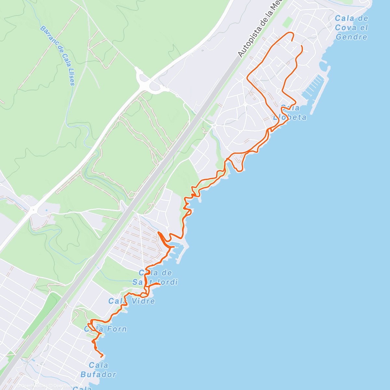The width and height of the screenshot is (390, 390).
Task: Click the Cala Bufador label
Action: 98,370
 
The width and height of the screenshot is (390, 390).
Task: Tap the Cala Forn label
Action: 106,329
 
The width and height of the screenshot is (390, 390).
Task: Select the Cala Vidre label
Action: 132,301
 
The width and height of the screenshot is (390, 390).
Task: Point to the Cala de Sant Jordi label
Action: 155,277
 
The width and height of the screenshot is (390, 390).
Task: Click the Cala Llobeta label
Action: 290,112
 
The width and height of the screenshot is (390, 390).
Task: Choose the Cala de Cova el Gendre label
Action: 352,28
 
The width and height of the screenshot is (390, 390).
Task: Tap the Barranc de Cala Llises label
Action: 58,56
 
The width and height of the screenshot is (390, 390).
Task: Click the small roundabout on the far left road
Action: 33,210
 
